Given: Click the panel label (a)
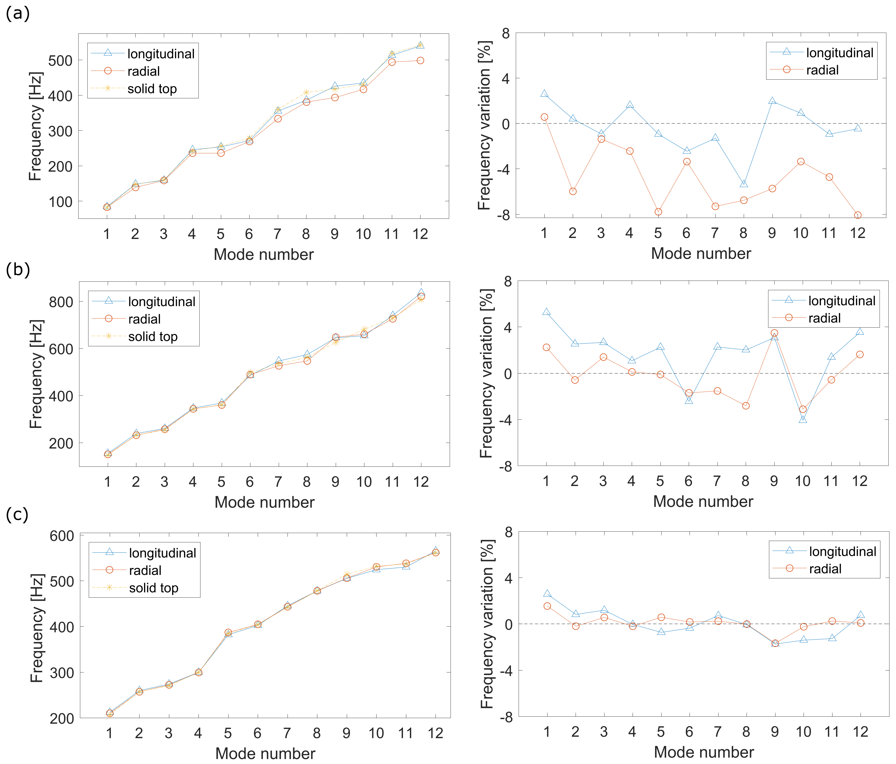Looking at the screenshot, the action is coord(18,14).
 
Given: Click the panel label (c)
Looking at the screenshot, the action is coord(17,514).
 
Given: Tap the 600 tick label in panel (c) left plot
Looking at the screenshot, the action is coord(62,536).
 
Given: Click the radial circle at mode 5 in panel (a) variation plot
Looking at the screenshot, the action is coord(658,212).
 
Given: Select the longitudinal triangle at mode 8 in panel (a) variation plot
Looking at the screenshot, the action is coord(744,184).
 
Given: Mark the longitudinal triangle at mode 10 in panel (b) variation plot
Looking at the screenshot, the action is coord(803,419).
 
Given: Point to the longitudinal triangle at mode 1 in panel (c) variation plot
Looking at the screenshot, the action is coord(547,593).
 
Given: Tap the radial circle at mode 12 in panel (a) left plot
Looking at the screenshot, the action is coord(420,60).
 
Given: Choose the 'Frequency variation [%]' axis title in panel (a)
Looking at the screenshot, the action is coord(485,125).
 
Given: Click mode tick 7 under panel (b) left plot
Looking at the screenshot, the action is coord(278,482).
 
